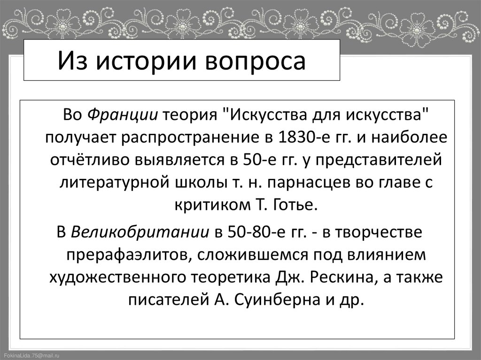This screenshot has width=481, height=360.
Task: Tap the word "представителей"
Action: pyautogui.click(x=377, y=160)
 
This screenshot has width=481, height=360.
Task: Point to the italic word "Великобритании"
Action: pyautogui.click(x=141, y=232)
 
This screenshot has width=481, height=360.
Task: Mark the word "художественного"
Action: pyautogui.click(x=116, y=277)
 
